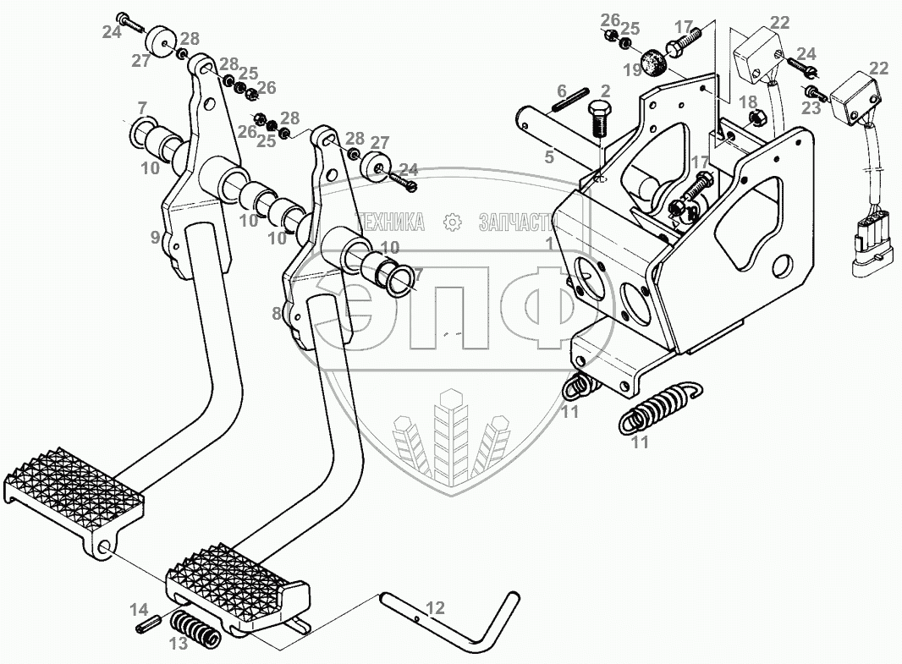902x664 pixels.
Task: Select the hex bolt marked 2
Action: pos(598,118)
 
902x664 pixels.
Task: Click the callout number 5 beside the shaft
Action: pos(549,156)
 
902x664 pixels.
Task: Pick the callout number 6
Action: pos(560,91)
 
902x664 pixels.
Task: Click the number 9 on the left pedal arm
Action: pos(156,238)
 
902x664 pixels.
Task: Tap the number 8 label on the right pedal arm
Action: pos(277,313)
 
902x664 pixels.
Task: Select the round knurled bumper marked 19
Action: pos(653,61)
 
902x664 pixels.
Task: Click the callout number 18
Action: pos(747,102)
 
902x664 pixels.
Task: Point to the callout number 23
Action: pos(810,107)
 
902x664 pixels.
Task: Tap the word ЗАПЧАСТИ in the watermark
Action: pos(518,222)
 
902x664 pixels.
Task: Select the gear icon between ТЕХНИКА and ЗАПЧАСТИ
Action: pos(453,222)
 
